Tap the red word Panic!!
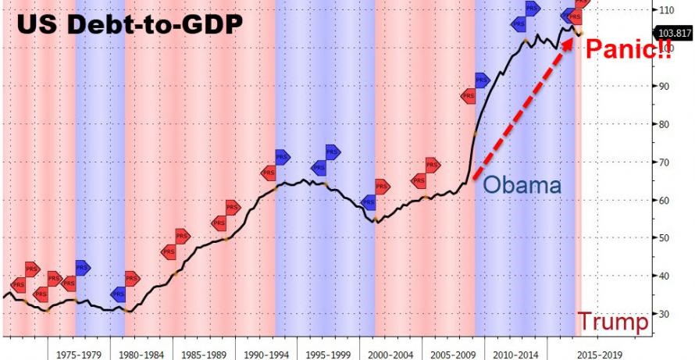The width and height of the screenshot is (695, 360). (627, 51)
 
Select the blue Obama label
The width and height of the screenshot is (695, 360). (522, 186)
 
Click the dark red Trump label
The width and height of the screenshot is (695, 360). (613, 321)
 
